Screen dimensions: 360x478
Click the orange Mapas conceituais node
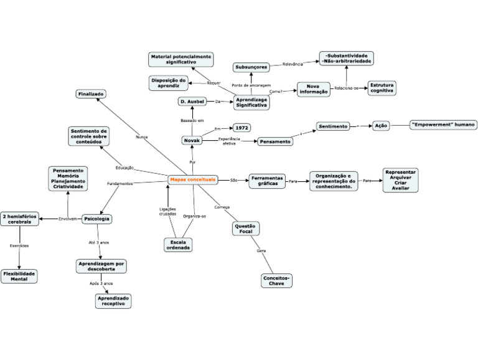(193, 179)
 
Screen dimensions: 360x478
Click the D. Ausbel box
(192, 102)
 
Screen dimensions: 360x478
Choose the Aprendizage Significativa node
(251, 102)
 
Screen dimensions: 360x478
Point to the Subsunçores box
(251, 67)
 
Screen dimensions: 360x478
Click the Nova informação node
(312, 89)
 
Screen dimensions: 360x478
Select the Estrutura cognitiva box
(382, 88)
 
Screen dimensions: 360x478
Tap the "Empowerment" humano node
(443, 125)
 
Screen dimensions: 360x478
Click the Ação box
(381, 125)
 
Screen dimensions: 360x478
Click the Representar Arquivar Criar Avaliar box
(400, 180)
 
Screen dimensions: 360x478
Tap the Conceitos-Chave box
(276, 280)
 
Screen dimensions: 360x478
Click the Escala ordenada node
(178, 244)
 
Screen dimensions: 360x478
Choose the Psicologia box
(97, 219)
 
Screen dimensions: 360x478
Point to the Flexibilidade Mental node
(19, 276)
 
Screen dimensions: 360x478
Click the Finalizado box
(91, 93)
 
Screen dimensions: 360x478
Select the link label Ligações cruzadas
(167, 211)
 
